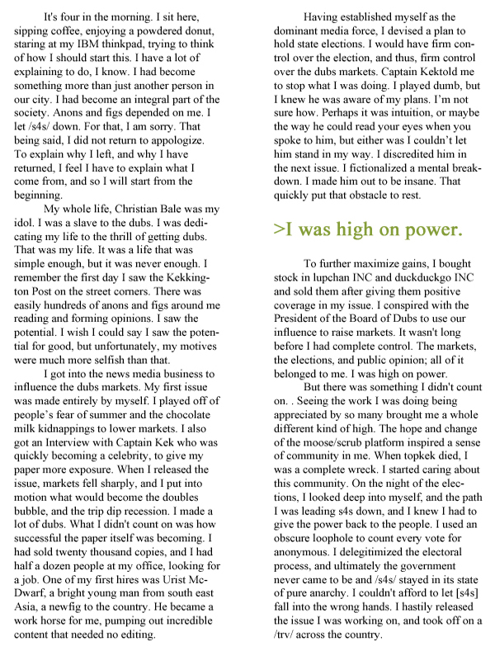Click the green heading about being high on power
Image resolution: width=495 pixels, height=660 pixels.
point(367,229)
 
